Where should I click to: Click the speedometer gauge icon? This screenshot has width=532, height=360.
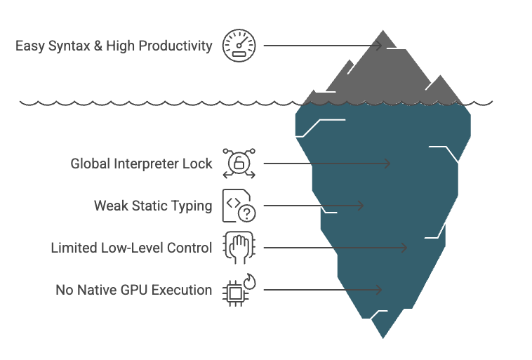coord(239,46)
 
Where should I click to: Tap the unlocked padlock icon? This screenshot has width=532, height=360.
coord(239,164)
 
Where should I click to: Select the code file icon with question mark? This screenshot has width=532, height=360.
coord(239,206)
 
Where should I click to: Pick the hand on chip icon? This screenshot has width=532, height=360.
coord(239,248)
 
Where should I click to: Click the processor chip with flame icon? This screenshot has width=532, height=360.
coord(239,290)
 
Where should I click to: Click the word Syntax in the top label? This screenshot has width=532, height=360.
coord(67,46)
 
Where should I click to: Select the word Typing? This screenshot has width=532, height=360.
coord(192,206)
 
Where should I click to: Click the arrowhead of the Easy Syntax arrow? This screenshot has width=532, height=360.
coord(380,46)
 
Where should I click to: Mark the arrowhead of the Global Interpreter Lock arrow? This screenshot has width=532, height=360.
coord(388,164)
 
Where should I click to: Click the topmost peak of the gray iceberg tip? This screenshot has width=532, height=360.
coord(383,32)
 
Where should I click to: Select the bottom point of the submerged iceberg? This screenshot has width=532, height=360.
coord(383,338)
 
